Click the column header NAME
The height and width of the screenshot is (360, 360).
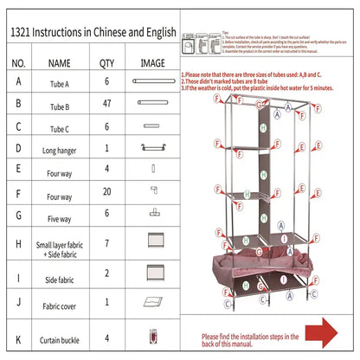[x=59, y=62]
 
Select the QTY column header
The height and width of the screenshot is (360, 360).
[x=106, y=62]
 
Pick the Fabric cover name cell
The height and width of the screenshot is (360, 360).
[x=60, y=305]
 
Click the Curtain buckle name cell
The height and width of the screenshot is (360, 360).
[x=60, y=337]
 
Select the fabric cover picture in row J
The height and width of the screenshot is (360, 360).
[x=154, y=302]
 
